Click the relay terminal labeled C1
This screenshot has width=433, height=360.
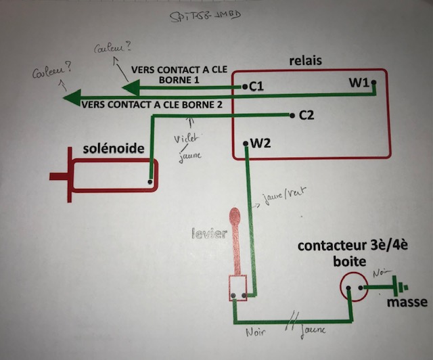pos(256,87)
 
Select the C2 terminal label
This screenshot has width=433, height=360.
pos(306,115)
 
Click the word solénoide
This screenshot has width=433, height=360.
pos(114,148)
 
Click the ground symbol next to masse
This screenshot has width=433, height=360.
pos(400,286)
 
